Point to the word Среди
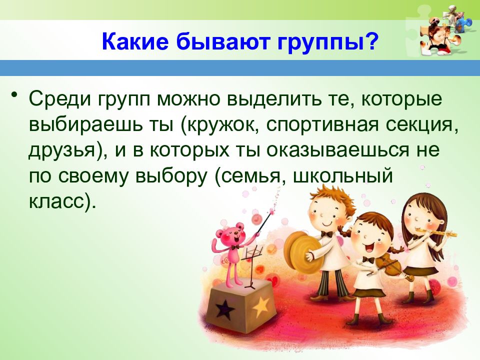61,99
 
